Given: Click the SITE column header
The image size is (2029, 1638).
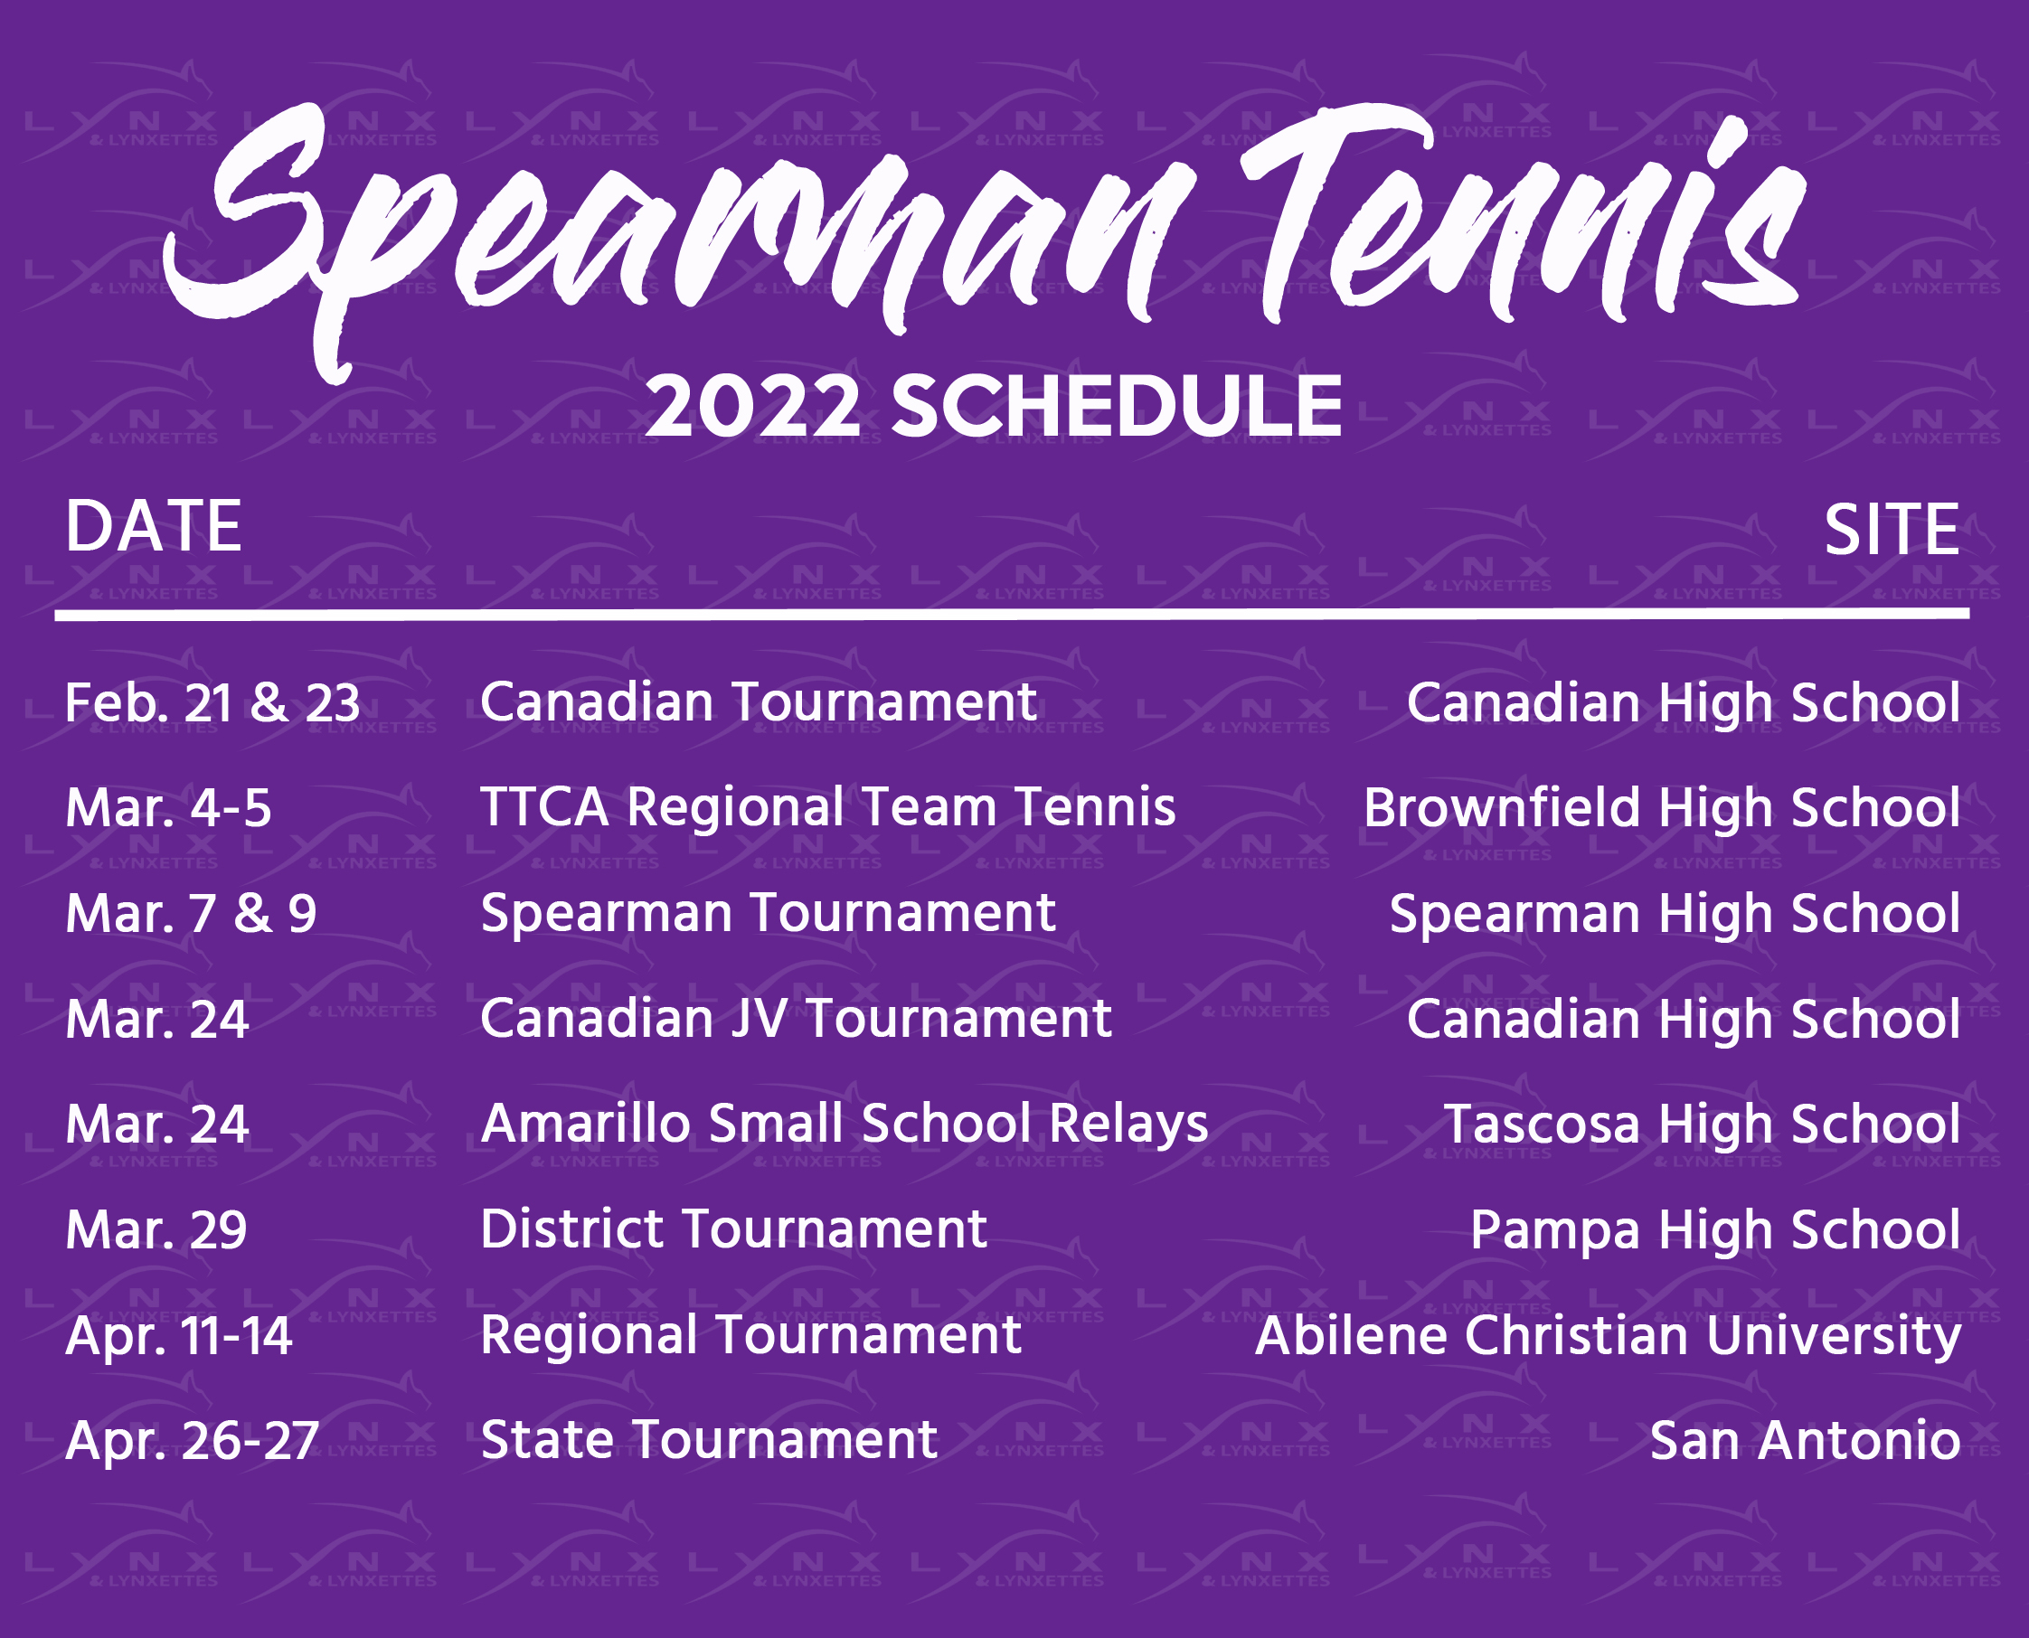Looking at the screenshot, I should pos(1892,531).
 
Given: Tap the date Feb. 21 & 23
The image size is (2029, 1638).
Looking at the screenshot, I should pos(212,704).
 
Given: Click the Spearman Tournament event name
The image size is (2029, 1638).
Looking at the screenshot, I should pos(768,914).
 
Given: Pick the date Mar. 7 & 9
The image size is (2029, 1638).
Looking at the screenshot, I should pos(191,914).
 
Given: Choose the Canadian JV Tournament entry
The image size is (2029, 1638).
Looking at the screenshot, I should pos(796,1020).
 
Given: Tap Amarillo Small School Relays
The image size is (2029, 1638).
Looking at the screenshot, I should pos(844,1125).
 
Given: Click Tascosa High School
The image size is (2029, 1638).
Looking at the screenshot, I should pos(1702,1125).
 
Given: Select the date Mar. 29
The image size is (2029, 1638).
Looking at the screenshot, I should pos(156,1230).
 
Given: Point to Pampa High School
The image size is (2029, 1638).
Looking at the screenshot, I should pos(1714,1230).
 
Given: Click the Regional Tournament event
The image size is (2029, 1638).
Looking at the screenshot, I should pos(750,1336).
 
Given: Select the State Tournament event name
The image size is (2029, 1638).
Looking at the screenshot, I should pos(709,1441).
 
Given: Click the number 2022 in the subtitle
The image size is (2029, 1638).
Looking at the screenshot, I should pos(752,407).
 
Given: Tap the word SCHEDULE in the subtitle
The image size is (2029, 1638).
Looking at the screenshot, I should pos(1116,407).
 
